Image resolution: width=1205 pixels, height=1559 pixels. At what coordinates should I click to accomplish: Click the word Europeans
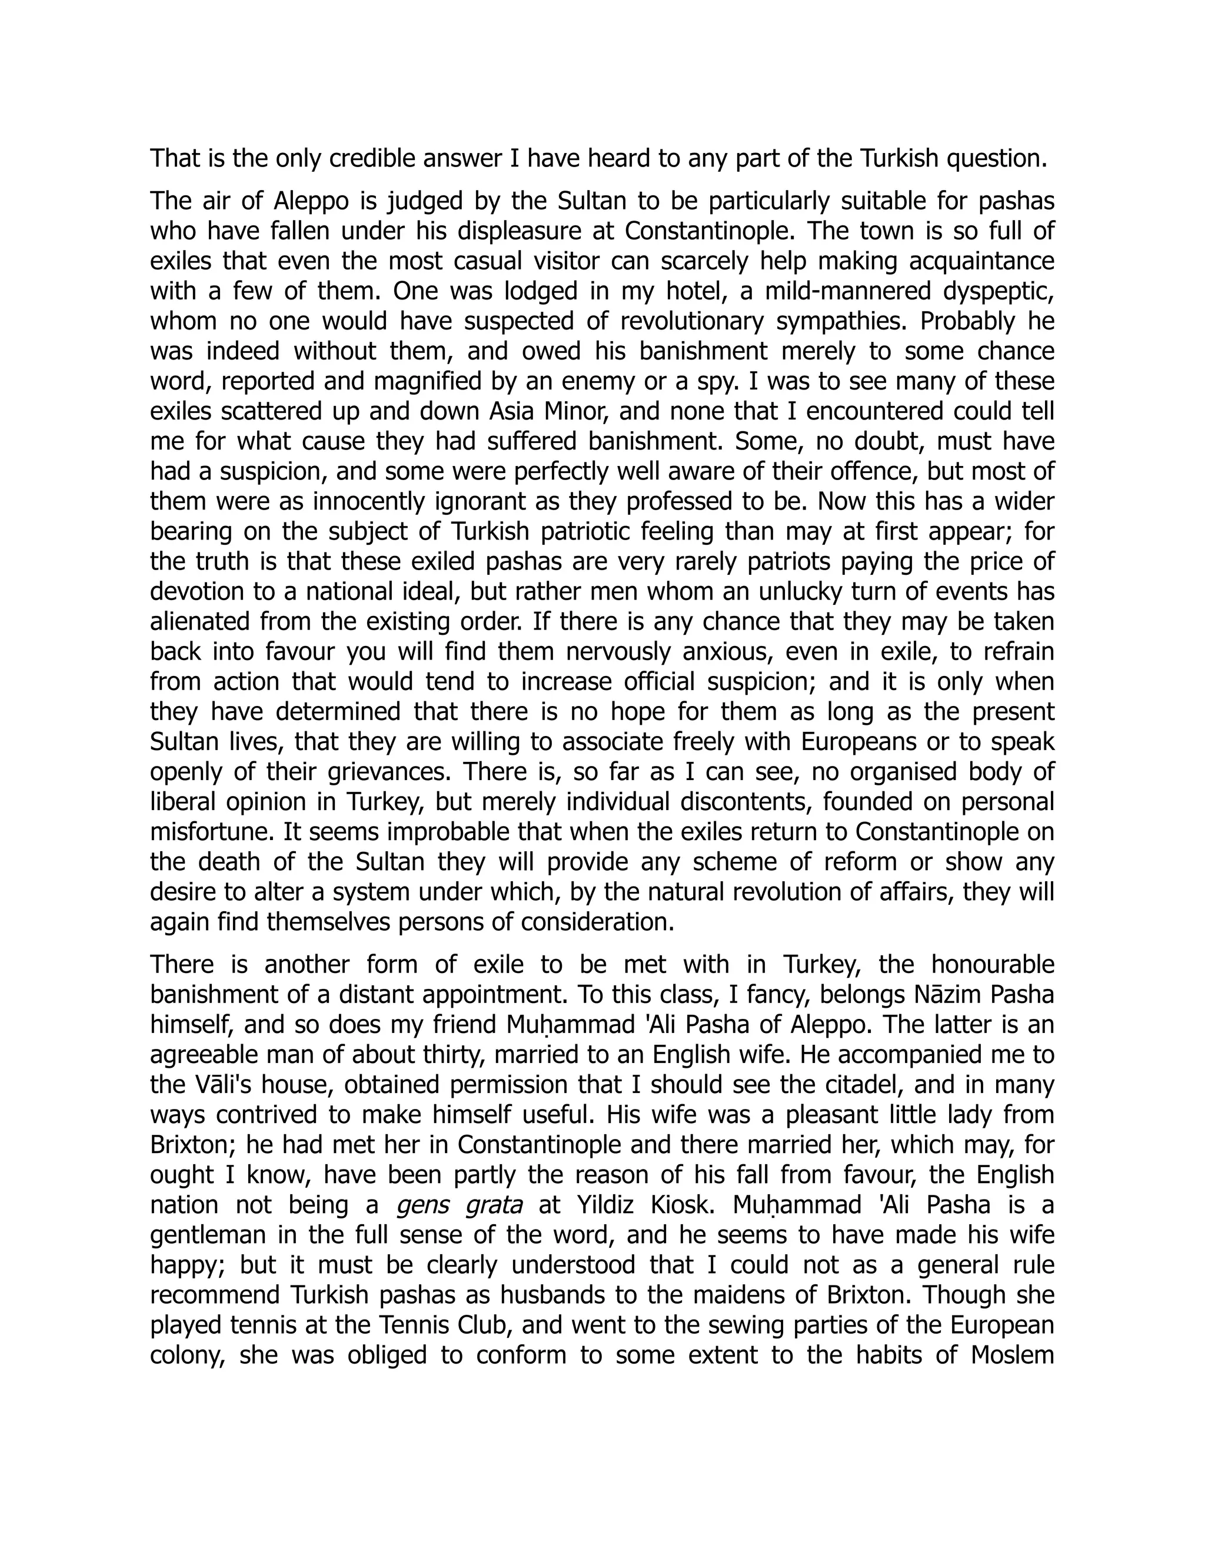(x=858, y=742)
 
